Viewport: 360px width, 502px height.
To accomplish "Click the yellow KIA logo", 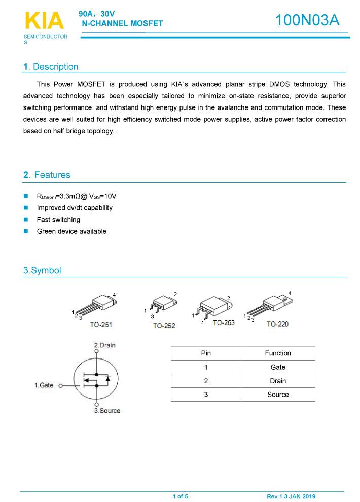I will [x=44, y=21].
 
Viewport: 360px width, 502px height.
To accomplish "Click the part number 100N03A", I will [x=307, y=21].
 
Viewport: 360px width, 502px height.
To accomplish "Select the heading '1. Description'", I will [x=51, y=67].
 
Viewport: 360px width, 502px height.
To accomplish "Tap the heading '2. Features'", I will [x=47, y=175].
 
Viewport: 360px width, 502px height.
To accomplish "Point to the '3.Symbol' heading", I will [x=42, y=270].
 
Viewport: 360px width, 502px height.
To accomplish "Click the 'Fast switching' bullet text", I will [x=58, y=220].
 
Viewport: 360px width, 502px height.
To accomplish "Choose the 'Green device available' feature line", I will [x=71, y=231].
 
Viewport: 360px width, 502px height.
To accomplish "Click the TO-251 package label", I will [x=101, y=325].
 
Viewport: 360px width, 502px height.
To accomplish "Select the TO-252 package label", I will [x=164, y=326].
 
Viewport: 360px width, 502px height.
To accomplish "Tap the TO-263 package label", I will [x=224, y=322].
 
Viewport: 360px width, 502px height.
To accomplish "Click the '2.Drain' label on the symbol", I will [x=105, y=345].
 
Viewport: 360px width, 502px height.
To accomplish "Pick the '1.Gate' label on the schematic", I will [x=44, y=385].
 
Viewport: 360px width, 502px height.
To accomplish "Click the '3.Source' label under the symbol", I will [x=107, y=410].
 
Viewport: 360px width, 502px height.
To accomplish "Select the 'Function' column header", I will [x=278, y=353].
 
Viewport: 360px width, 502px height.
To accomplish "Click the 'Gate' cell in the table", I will [x=278, y=367].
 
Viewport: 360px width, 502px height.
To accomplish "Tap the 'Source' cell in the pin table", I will [x=278, y=395].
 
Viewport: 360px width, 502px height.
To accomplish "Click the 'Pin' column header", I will [x=206, y=353].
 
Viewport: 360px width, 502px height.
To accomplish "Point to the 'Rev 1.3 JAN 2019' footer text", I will [x=291, y=496].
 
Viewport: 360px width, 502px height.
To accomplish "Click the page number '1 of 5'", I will [x=180, y=496].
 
